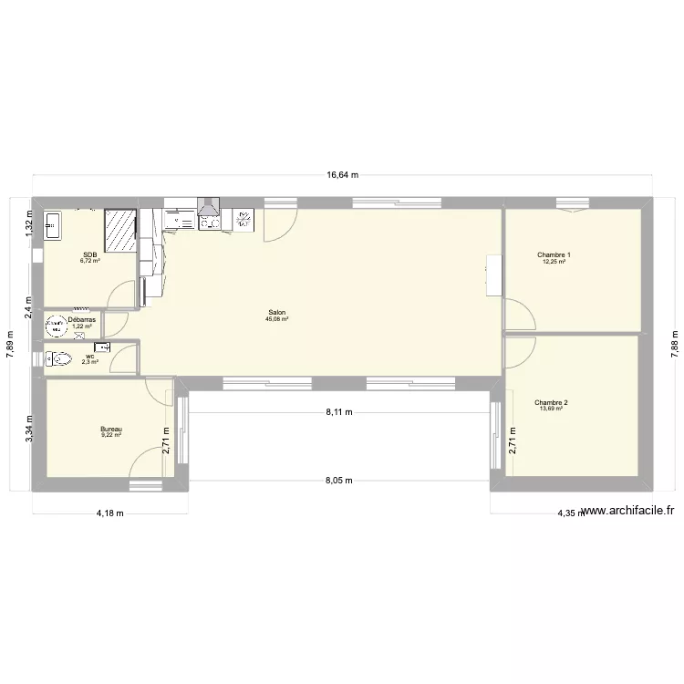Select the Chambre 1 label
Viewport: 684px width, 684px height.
click(554, 254)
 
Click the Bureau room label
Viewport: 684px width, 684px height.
click(111, 429)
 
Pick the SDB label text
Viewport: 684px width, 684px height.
click(89, 254)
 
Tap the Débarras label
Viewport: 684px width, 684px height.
click(81, 320)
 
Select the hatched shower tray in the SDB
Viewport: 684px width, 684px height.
click(120, 230)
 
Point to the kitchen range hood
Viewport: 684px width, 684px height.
click(210, 210)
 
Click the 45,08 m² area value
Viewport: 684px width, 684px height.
click(276, 319)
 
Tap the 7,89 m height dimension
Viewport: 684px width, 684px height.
click(10, 347)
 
